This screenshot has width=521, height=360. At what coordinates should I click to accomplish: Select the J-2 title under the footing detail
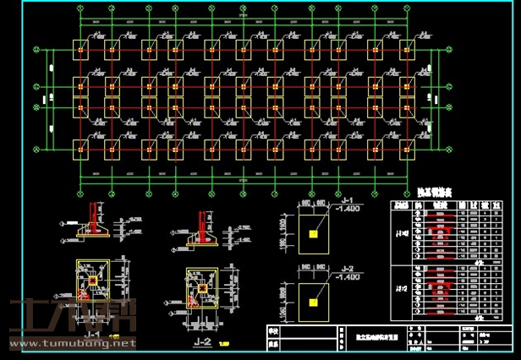(202, 341)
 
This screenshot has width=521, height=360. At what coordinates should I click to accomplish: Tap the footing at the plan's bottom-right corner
(407, 150)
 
